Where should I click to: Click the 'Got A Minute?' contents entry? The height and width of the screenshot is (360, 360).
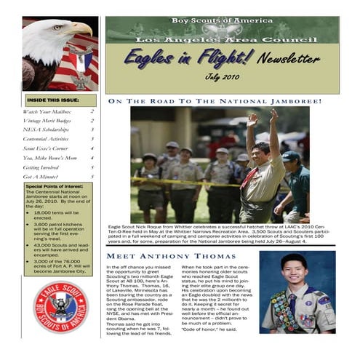pos(40,175)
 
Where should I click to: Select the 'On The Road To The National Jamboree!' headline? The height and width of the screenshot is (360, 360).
pos(214,101)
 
